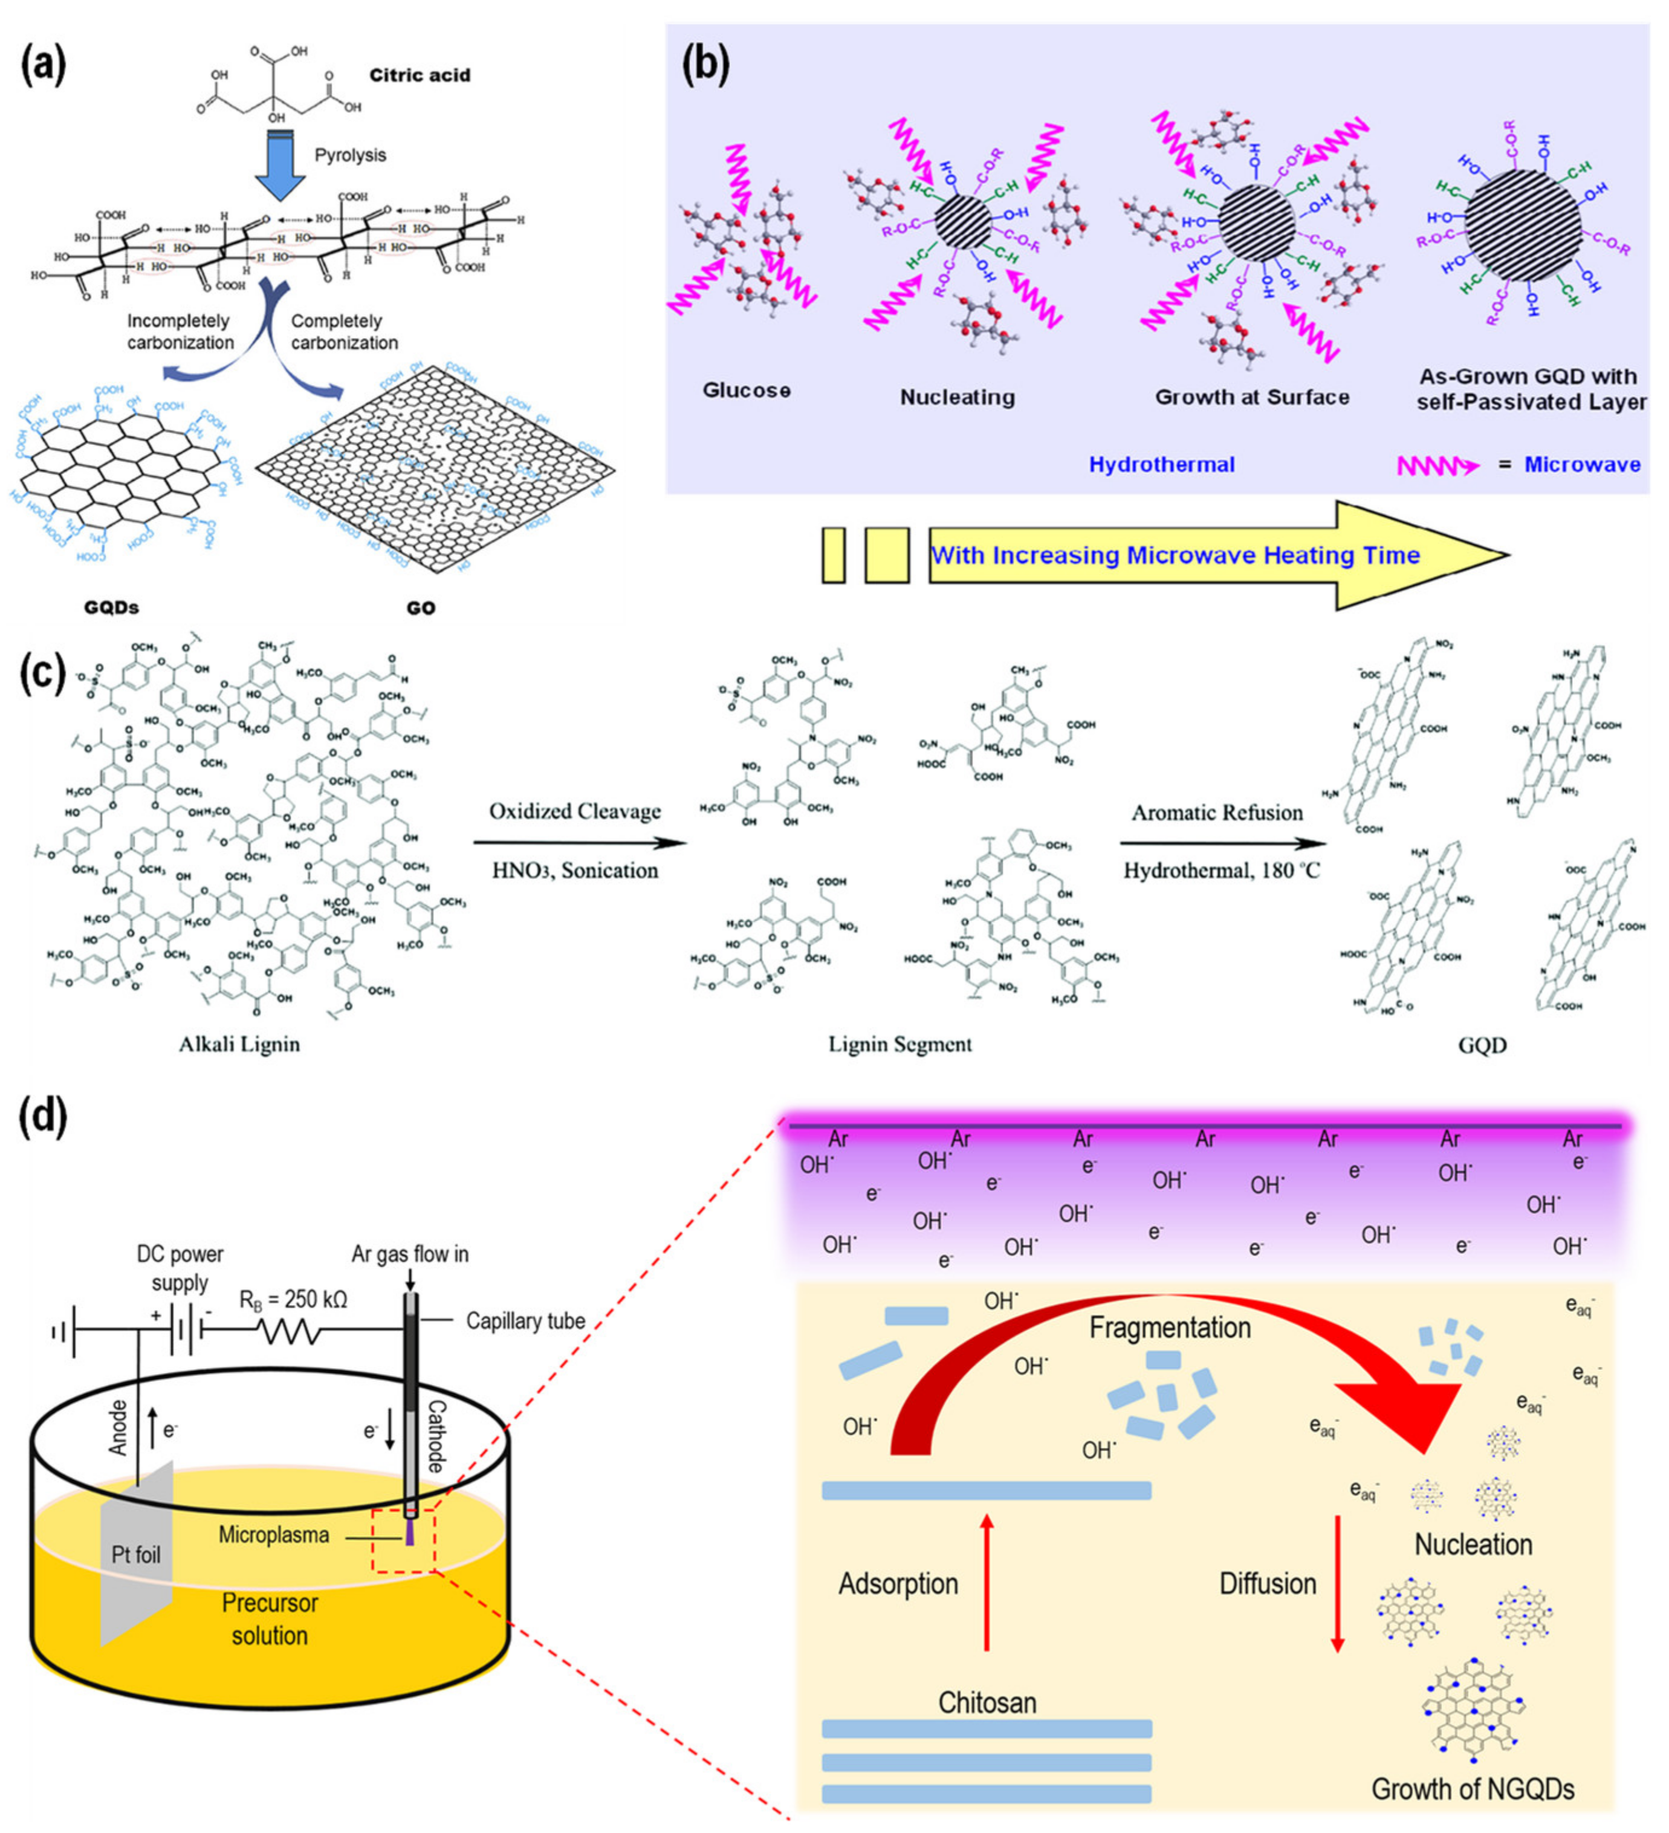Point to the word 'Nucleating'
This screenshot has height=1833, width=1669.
pos(958,397)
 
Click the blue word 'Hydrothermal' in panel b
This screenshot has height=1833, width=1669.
pos(1162,465)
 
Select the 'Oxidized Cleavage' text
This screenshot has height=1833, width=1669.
pos(574,811)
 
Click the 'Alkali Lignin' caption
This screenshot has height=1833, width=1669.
pos(239,1044)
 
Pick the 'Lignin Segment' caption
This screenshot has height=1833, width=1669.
pos(899,1044)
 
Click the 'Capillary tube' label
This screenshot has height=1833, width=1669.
pos(525,1321)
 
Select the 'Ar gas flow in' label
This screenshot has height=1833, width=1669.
pos(410,1254)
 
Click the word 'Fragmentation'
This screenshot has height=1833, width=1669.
pos(1170,1328)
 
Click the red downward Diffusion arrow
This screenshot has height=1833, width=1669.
pos(1337,1584)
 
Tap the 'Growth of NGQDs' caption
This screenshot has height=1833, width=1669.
pos(1473,1789)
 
